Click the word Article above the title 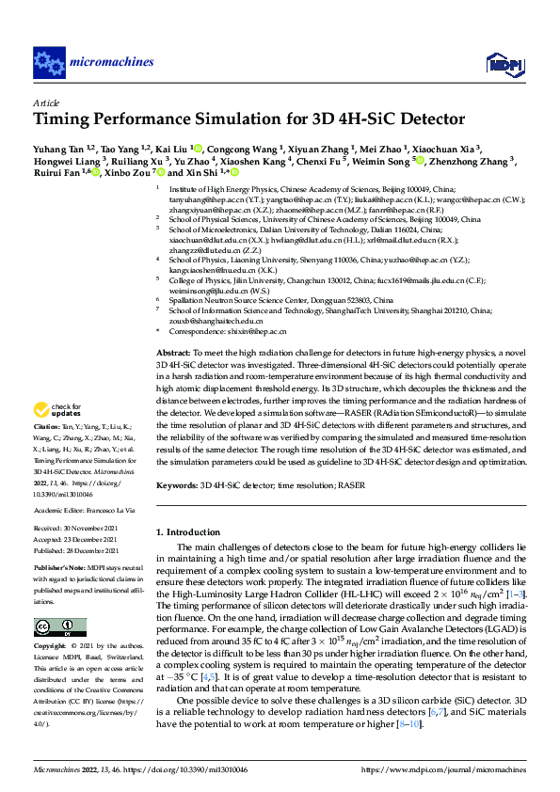[x=46, y=103]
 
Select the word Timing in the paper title [x=62, y=119]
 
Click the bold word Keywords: [x=178, y=486]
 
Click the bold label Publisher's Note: [x=58, y=570]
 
